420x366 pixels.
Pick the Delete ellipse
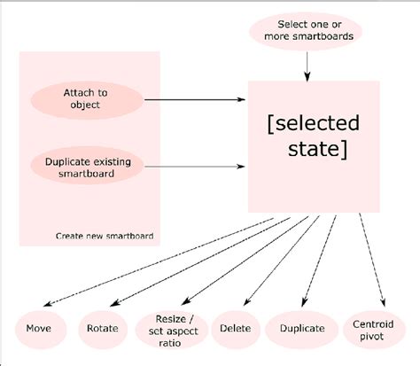[x=229, y=329]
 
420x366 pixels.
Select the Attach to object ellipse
[x=87, y=98]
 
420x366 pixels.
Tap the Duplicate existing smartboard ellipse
[x=87, y=166]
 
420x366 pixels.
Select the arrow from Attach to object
[x=195, y=99]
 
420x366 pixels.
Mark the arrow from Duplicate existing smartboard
[x=195, y=166]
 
